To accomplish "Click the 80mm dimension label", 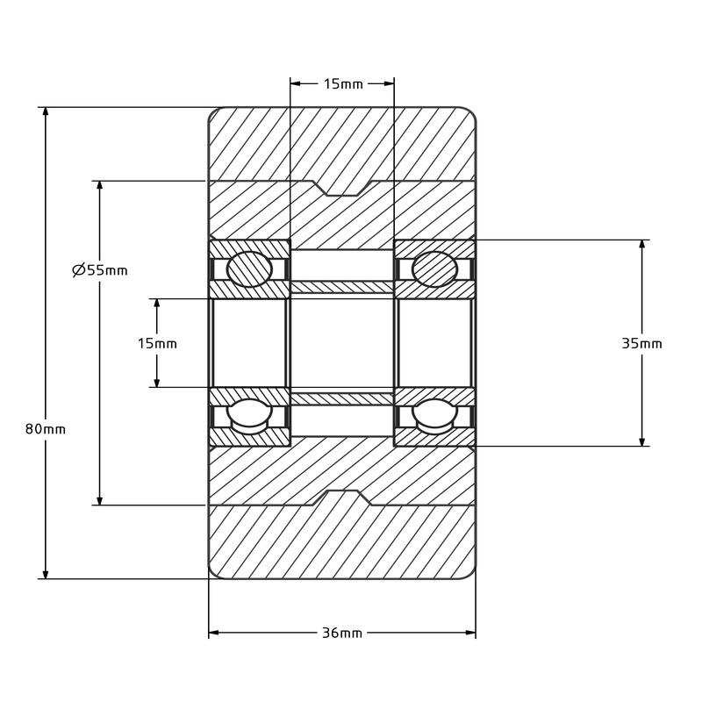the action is (46, 429).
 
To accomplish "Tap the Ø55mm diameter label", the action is (100, 270).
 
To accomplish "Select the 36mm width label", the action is (342, 633).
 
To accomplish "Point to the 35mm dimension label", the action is (641, 343).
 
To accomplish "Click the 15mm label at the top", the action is (343, 83).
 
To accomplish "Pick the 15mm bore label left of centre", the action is (157, 343).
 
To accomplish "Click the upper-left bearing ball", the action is (249, 269).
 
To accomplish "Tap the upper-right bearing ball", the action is (434, 269).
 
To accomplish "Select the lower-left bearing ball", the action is (249, 416).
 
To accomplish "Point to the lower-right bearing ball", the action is (434, 416).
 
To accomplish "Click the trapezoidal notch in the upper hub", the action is (342, 189).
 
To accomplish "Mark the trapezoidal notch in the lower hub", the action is (342, 498).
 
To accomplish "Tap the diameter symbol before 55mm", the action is (79, 270).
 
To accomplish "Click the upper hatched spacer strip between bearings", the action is (342, 288).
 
